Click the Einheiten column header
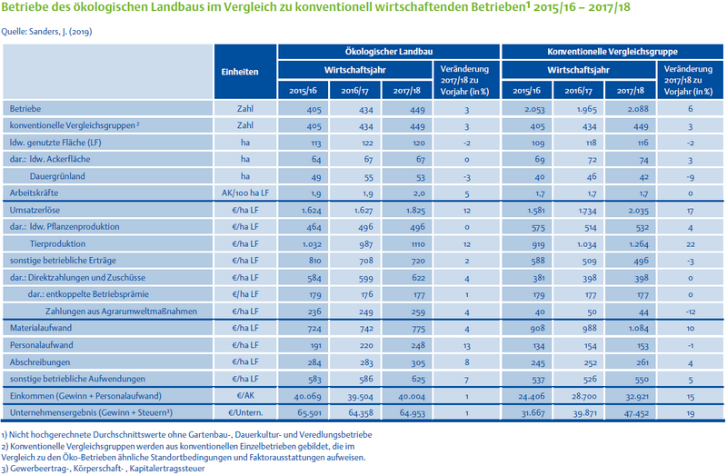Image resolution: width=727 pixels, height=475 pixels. (240, 72)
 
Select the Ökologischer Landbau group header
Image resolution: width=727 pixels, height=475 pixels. (389, 52)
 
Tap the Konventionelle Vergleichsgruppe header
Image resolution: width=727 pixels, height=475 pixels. (612, 52)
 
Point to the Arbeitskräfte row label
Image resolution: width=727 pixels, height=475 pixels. (34, 193)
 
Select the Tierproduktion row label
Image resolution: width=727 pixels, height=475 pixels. (57, 243)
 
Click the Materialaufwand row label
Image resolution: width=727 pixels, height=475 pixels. (41, 328)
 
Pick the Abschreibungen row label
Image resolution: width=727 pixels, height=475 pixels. (40, 362)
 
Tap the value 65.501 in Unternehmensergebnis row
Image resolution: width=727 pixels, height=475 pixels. (309, 413)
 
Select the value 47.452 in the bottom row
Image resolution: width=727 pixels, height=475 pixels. (636, 413)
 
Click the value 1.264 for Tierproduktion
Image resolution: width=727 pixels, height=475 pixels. (639, 244)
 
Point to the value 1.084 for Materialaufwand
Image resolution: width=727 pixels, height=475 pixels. (638, 329)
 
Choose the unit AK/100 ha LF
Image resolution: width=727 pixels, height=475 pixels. (245, 193)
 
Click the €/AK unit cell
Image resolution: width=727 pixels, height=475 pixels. (245, 396)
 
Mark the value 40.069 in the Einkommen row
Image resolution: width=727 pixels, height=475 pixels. (308, 396)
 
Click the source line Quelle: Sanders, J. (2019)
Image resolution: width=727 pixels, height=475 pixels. (47, 32)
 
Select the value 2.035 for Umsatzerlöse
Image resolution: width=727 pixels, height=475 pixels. (638, 211)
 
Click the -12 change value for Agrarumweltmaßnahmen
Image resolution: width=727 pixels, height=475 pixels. (691, 312)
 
